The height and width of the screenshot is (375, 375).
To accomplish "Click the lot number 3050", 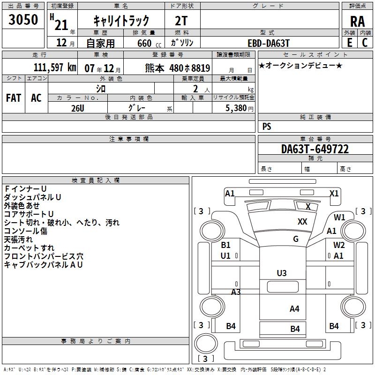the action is click(x=23, y=19).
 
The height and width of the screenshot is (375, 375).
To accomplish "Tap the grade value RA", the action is click(x=357, y=22).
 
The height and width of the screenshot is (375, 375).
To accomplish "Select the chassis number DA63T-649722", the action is click(x=315, y=149).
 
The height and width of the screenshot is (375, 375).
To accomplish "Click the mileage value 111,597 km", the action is click(x=55, y=67).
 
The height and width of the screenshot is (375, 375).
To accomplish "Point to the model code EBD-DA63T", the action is click(x=269, y=43).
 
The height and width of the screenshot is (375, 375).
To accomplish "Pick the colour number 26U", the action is click(x=77, y=107).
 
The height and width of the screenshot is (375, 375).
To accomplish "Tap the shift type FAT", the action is click(x=14, y=98).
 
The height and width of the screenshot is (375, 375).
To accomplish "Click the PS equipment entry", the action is click(x=267, y=127).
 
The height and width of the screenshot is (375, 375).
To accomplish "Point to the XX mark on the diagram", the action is click(x=302, y=222).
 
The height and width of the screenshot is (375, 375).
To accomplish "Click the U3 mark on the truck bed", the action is click(x=282, y=273).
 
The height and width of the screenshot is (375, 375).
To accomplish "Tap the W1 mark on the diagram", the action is click(x=339, y=217).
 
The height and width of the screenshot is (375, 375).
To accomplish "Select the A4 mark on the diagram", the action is click(x=294, y=308).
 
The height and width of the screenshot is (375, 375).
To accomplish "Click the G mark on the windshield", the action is click(x=295, y=239).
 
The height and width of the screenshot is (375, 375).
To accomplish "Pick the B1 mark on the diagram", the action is click(x=226, y=245).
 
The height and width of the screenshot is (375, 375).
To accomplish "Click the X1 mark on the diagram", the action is click(x=334, y=193).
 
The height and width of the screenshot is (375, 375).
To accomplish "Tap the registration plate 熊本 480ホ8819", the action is click(x=178, y=68).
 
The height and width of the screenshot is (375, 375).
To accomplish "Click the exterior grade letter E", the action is click(x=349, y=43).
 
